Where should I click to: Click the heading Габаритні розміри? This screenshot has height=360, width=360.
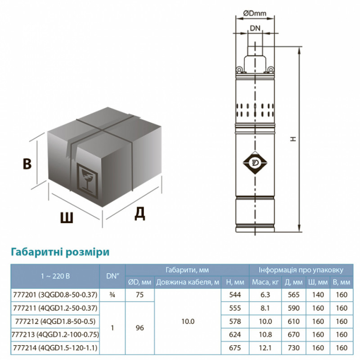pyautogui.click(x=60, y=251)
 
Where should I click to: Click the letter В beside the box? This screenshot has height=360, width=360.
pyautogui.click(x=27, y=164)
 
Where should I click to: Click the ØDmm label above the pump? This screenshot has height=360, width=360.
pyautogui.click(x=255, y=13)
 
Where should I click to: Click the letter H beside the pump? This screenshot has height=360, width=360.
pyautogui.click(x=293, y=140)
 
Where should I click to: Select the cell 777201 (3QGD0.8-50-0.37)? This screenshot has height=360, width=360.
pyautogui.click(x=54, y=295)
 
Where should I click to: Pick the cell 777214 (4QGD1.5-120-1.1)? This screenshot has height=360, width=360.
pyautogui.click(x=54, y=348)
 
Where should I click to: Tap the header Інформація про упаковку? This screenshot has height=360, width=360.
pyautogui.click(x=301, y=270)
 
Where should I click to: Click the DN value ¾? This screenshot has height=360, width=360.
pyautogui.click(x=112, y=295)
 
